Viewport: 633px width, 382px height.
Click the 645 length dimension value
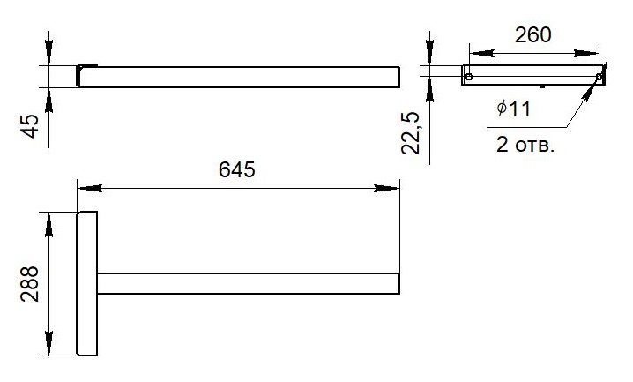237,169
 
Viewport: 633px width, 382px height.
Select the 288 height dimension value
30,284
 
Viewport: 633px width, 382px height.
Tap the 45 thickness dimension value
30,126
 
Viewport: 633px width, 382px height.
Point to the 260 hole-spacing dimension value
532,35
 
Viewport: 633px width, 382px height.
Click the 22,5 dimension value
411,133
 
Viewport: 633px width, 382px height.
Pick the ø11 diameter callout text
513,109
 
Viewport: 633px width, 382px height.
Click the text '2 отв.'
525,145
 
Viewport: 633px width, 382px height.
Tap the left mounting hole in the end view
469,77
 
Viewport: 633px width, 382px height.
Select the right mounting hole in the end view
599,77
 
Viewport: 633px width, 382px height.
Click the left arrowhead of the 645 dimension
90,188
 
